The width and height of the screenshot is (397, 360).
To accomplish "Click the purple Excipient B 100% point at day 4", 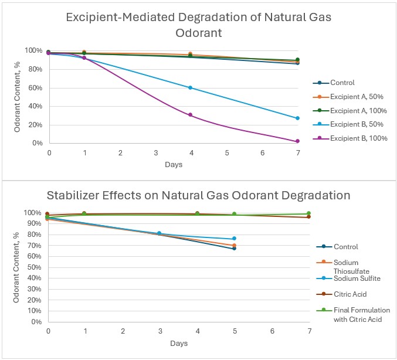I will [x=191, y=115].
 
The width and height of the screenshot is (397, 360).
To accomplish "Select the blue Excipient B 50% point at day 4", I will [x=191, y=88].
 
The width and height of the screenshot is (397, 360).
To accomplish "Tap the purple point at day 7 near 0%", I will [x=297, y=141].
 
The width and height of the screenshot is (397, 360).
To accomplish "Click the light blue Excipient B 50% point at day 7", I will [x=297, y=118].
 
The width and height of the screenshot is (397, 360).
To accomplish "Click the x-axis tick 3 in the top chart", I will [x=155, y=152].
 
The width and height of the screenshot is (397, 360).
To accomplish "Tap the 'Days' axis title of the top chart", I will [x=172, y=164].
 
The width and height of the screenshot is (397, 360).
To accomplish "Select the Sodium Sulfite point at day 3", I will [x=160, y=233].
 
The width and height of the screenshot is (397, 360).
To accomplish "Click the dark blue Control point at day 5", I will [x=234, y=248].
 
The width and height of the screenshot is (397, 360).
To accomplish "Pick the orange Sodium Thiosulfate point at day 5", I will [x=234, y=245].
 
